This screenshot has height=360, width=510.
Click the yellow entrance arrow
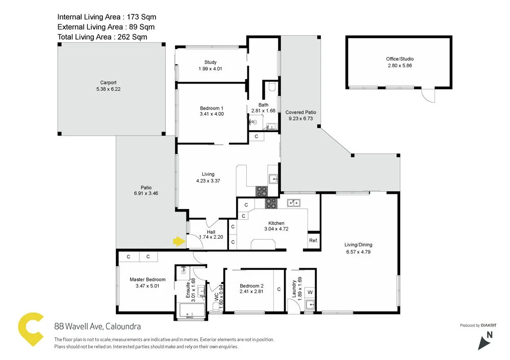(x=178, y=241)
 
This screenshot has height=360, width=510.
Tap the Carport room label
(x=108, y=82)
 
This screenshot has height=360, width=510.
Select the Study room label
(x=211, y=62)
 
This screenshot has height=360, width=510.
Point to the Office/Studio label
(x=399, y=59)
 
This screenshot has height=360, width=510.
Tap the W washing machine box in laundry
(x=310, y=292)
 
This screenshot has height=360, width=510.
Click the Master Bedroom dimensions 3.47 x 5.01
(x=147, y=286)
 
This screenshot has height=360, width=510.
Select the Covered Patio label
(x=301, y=112)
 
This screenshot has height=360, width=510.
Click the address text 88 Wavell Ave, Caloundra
(x=97, y=326)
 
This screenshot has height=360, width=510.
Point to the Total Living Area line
(x=102, y=37)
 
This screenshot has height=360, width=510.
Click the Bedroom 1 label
(x=212, y=108)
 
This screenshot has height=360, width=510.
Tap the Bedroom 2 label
(x=251, y=286)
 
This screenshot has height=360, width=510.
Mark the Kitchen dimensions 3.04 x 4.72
(x=276, y=229)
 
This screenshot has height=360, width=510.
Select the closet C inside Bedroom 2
(x=279, y=289)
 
